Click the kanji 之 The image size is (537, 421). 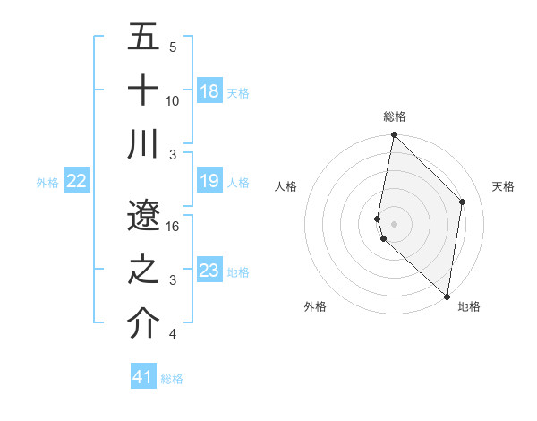click(x=143, y=271)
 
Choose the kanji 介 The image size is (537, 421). click(x=143, y=324)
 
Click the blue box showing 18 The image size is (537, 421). click(x=209, y=91)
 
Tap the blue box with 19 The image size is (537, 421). click(x=209, y=182)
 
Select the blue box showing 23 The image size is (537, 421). click(x=209, y=271)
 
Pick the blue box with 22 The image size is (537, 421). click(x=77, y=182)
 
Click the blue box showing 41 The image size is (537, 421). click(x=143, y=377)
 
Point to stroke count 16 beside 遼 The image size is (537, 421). click(x=173, y=226)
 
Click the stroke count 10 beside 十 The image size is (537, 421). click(x=173, y=100)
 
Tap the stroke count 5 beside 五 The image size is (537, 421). click(x=173, y=47)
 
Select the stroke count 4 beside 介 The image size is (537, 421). click(x=173, y=335)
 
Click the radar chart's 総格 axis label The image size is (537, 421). click(x=395, y=116)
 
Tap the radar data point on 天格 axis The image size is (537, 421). click(x=463, y=202)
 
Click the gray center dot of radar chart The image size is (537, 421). click(x=395, y=223)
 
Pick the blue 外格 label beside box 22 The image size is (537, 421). click(x=47, y=183)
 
